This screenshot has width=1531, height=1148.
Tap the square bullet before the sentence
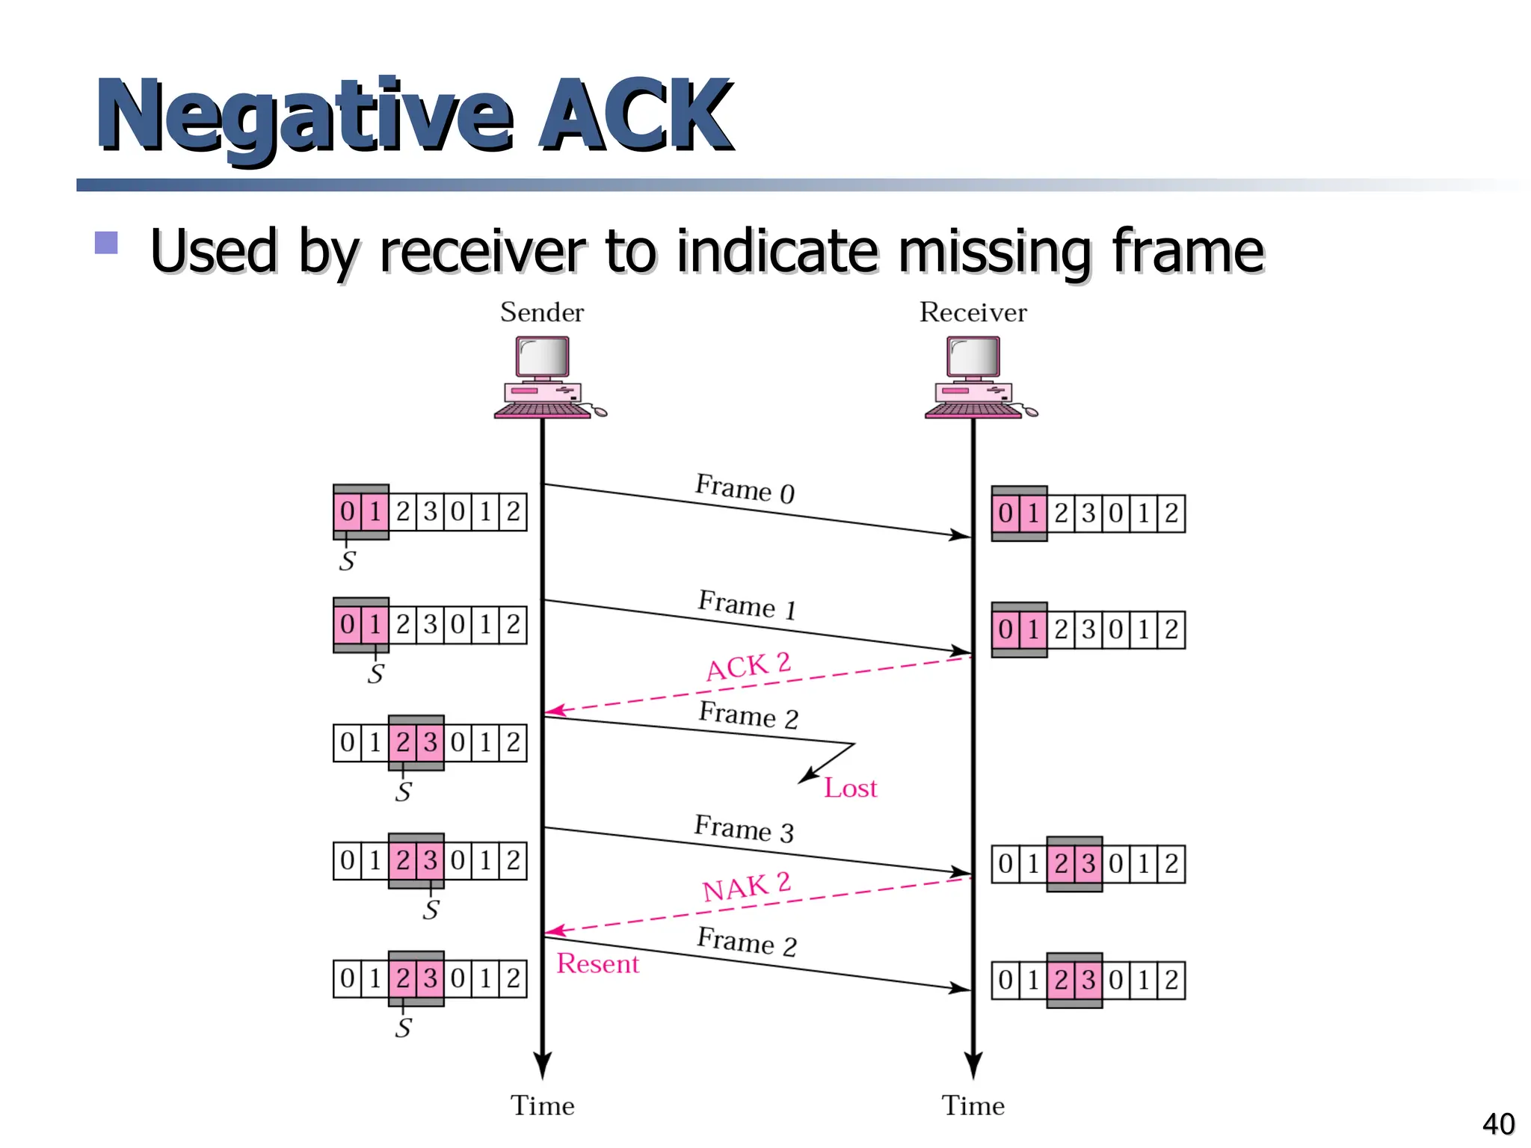tap(107, 243)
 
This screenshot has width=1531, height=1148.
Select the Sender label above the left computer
tap(542, 312)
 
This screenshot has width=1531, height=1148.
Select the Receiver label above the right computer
tap(973, 312)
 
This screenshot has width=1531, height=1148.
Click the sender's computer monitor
tap(543, 358)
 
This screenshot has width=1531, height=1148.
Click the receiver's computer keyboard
tap(972, 410)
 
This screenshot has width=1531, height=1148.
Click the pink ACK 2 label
tap(748, 666)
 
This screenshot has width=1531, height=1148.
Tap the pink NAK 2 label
tap(746, 886)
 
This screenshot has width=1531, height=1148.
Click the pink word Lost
tap(850, 789)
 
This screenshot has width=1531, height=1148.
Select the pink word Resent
tap(598, 964)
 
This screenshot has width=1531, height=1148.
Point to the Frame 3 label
tap(744, 829)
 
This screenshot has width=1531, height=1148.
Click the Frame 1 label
tap(747, 604)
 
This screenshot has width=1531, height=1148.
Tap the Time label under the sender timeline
tap(543, 1105)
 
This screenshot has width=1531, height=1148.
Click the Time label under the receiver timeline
tap(973, 1105)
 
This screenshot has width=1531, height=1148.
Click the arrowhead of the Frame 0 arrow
tap(961, 535)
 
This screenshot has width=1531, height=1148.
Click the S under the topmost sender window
tap(347, 561)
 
